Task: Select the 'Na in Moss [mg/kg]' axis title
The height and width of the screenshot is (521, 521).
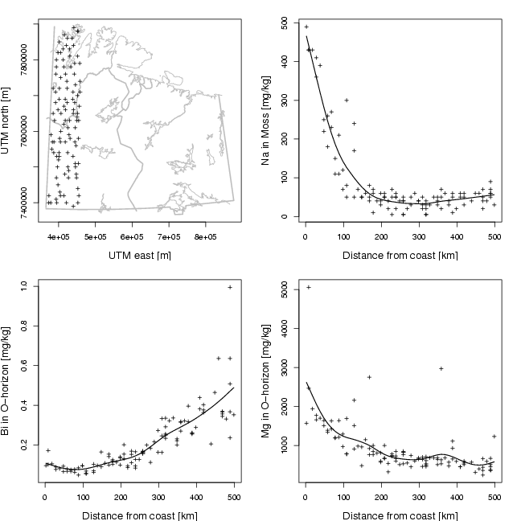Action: click(x=267, y=121)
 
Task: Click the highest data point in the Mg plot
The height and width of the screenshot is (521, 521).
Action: click(x=309, y=287)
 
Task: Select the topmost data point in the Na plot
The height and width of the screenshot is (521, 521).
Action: click(x=306, y=27)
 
